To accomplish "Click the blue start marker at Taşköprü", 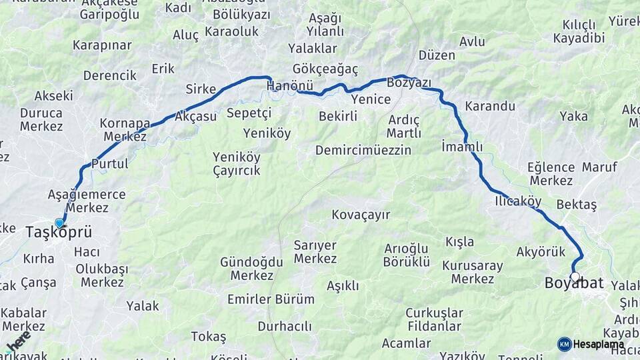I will point(59,223).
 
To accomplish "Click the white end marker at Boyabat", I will point(575,277).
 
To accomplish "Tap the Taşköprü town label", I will point(58,233).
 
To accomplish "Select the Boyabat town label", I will point(574,283).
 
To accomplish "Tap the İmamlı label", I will point(462,146).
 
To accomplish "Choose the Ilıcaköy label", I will point(518,201).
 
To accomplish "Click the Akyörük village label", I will point(541,251).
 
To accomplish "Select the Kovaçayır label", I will point(361,215).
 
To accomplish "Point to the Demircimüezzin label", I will point(363,150).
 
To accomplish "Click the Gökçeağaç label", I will point(325,69).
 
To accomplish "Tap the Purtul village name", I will point(109,163).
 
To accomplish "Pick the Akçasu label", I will point(195,116).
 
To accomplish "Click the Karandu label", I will point(490,106).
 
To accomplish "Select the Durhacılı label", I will point(285,326).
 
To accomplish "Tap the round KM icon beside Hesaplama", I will point(564,344).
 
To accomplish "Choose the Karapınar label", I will point(102,45).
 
